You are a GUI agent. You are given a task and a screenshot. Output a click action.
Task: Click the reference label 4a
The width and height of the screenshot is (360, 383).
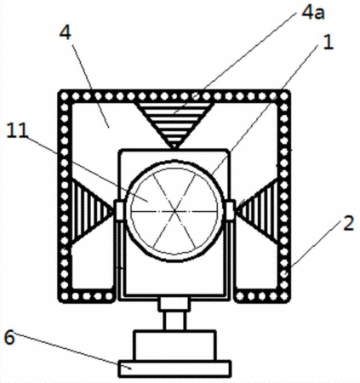pos(312,14)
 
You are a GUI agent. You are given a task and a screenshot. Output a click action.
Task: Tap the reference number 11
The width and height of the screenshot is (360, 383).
pos(17,130)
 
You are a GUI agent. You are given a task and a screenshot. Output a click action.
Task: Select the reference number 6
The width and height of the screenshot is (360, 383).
pos(9,338)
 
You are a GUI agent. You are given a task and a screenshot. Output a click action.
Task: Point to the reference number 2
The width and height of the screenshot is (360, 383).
pos(348,223)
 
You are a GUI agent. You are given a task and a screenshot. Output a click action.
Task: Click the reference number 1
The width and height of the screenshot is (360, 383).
pos(328,43)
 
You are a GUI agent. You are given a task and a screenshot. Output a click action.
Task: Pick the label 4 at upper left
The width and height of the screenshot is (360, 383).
pos(65,33)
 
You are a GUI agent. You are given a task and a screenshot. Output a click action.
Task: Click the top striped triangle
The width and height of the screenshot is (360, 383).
pos(174,124)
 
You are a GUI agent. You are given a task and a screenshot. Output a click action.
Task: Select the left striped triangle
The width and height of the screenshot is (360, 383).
pos(91,211)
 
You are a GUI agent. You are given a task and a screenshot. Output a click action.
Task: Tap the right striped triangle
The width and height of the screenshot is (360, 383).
pos(258,211)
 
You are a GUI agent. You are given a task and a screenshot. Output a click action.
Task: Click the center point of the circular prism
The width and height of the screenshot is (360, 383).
pos(174,211)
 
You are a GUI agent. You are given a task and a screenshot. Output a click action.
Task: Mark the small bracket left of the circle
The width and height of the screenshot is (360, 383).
pos(118,210)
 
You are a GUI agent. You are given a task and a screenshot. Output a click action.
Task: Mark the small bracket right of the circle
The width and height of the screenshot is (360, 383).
pos(230,210)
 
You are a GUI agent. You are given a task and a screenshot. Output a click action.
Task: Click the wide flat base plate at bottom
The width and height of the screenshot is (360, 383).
pos(174,369)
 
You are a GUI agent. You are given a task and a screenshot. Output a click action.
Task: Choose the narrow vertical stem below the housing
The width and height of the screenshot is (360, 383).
pos(175,321)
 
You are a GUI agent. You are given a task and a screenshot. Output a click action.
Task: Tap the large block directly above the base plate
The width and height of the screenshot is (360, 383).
pos(174,346)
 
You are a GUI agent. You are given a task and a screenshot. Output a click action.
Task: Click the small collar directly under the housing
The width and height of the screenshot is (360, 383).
pos(174,304)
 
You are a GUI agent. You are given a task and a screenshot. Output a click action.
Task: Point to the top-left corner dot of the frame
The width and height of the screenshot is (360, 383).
pos(65,96)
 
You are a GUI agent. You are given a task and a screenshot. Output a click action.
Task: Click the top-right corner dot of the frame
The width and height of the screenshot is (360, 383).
pos(284,96)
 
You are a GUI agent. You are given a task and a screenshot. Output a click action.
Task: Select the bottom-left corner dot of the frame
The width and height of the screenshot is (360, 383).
pos(65,296)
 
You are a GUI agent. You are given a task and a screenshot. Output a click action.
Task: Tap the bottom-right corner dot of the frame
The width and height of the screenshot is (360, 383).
pos(284,296)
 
